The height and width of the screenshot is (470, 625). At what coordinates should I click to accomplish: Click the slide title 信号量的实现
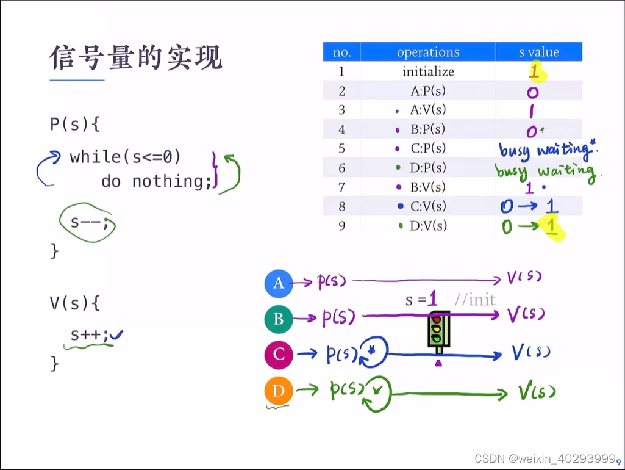click(136, 58)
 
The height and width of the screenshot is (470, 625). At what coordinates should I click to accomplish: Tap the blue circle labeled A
click(279, 283)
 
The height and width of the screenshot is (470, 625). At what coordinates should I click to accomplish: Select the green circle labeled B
click(279, 319)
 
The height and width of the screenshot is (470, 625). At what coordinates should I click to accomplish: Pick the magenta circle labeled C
click(279, 355)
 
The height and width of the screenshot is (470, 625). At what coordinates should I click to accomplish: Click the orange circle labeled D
click(279, 391)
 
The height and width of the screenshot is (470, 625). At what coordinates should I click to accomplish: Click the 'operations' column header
click(428, 52)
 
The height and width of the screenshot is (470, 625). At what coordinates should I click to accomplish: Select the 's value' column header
click(538, 52)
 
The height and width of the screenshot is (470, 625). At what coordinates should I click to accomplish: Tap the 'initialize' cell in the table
click(428, 71)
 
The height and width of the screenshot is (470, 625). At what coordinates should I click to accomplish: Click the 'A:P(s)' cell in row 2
click(428, 91)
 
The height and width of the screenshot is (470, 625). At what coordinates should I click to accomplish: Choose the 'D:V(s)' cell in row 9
click(428, 226)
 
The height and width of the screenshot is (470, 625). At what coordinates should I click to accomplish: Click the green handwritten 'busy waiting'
click(545, 170)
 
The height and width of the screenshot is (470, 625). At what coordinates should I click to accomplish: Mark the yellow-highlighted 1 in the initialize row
click(535, 73)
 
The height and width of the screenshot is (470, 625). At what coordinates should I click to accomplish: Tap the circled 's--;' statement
click(89, 222)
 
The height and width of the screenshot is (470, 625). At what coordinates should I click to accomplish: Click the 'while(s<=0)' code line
click(125, 157)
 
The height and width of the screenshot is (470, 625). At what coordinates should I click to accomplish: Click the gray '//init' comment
click(475, 299)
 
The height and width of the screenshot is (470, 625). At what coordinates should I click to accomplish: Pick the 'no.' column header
click(342, 52)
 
